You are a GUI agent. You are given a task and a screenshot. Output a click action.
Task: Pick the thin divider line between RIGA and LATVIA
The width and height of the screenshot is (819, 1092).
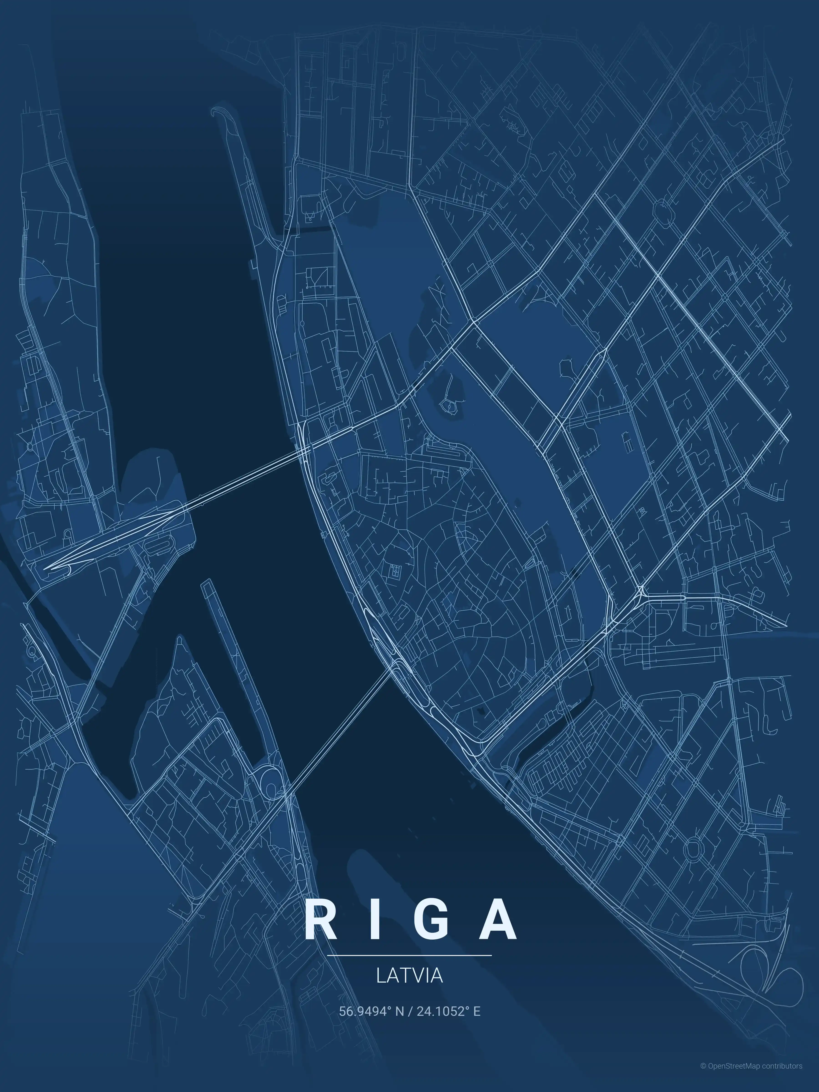[409, 955]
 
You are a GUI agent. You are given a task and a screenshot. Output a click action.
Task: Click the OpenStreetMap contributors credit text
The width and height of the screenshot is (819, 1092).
[755, 1076]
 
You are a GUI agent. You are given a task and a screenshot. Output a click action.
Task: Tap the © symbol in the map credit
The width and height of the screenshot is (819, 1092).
[703, 1076]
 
